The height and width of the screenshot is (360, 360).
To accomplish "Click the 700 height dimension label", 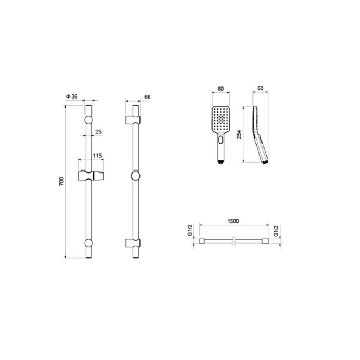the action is click(61, 182).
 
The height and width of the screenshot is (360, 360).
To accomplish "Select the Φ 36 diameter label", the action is click(72, 96).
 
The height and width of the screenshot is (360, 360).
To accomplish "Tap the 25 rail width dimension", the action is click(98, 132).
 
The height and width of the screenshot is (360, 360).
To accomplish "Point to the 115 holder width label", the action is click(97, 156).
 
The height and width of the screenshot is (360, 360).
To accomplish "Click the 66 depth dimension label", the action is click(147, 97).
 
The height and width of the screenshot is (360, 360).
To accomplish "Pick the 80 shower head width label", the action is click(221, 89).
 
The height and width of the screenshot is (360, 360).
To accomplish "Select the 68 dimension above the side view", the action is click(260, 88).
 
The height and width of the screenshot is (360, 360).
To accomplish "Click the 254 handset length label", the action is click(239, 135).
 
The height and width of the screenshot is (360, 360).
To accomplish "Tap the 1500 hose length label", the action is click(233, 221).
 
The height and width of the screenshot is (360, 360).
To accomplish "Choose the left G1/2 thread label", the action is click(189, 230).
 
